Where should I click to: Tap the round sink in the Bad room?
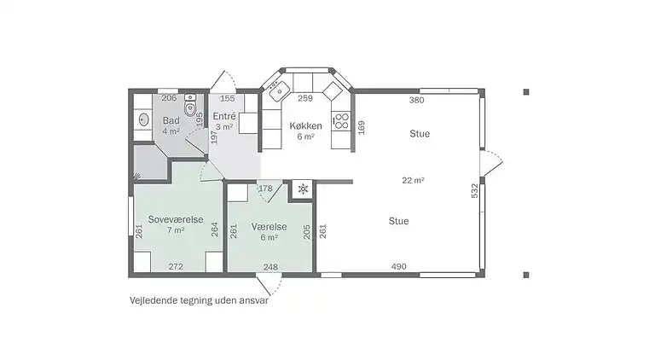142,120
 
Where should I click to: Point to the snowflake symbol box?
302,189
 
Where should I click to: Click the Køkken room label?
305,125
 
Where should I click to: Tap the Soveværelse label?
176,219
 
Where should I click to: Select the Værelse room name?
269,227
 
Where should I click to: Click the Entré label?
224,116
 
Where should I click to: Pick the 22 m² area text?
414,180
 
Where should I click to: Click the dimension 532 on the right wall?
475,191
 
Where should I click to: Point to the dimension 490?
398,267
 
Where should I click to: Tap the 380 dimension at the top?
416,100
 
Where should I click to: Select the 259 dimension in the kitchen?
305,98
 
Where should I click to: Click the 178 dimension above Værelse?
265,188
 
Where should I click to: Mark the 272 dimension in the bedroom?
176,267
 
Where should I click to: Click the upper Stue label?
420,133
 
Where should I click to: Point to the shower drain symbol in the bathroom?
136,177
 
